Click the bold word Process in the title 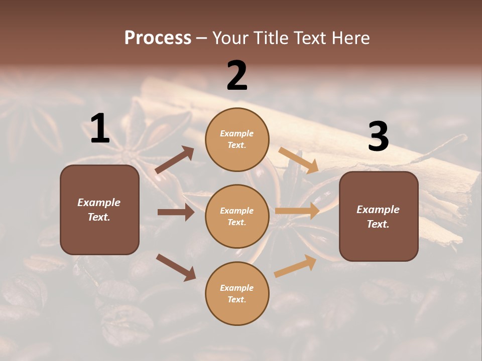(158, 38)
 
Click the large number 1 (100, 129)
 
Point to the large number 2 (237, 76)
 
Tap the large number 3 (378, 137)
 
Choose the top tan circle (237, 139)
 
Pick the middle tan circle (237, 216)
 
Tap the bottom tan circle (237, 293)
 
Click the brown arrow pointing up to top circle (175, 159)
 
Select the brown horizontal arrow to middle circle (176, 212)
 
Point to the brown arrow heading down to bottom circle (176, 267)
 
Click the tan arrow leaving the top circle (299, 159)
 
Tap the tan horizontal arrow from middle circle (297, 211)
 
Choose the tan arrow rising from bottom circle (295, 266)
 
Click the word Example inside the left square (99, 203)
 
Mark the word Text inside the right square (378, 224)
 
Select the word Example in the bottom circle (237, 288)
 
